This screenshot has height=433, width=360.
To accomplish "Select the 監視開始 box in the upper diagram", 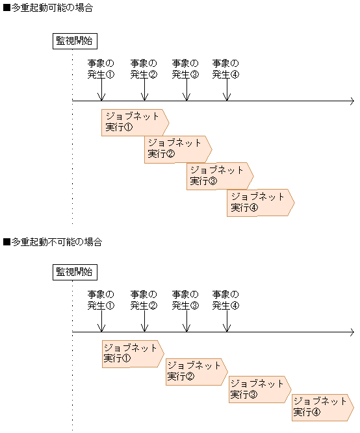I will click(74, 42).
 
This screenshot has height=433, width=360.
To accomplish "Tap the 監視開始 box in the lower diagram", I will click(74, 271).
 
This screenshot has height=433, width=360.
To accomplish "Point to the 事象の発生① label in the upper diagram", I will click(101, 69).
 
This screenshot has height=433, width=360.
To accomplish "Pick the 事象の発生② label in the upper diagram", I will click(144, 69).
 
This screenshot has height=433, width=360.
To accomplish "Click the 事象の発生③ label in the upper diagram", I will click(185, 69).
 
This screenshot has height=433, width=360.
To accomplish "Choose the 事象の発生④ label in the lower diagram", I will click(225, 299).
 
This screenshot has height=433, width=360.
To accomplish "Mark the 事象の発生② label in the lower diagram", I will click(144, 299).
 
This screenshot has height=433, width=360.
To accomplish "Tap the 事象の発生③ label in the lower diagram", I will click(185, 299).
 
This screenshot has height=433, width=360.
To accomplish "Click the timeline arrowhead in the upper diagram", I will click(351, 101).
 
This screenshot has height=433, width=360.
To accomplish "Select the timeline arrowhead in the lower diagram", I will click(351, 332).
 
